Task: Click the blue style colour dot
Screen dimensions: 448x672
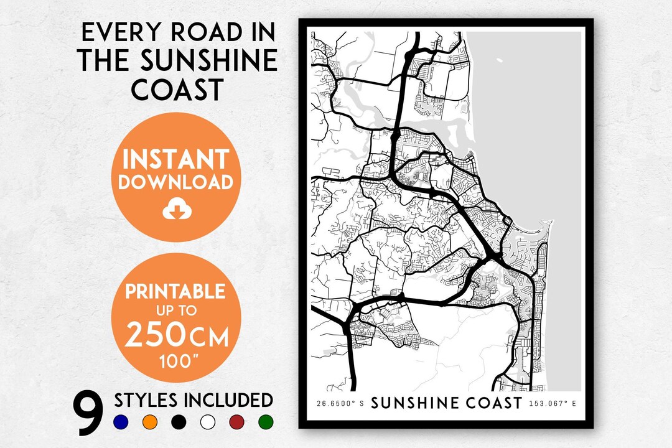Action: [x=121, y=422]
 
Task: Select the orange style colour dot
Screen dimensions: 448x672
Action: [x=150, y=422]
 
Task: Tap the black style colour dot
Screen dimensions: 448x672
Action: [x=179, y=422]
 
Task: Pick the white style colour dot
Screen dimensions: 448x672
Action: [x=208, y=422]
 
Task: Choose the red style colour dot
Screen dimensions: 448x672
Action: [x=237, y=422]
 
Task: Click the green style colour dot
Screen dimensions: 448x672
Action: [x=266, y=422]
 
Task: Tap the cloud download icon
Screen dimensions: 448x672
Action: [x=177, y=211]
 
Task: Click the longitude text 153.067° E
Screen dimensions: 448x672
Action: [x=553, y=404]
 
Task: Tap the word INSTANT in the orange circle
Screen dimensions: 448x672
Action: [x=176, y=160]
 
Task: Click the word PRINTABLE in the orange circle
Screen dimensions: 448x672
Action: [x=176, y=291]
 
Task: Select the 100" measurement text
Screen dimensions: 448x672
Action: [x=176, y=360]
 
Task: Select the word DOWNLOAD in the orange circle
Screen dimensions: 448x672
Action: [x=176, y=182]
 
